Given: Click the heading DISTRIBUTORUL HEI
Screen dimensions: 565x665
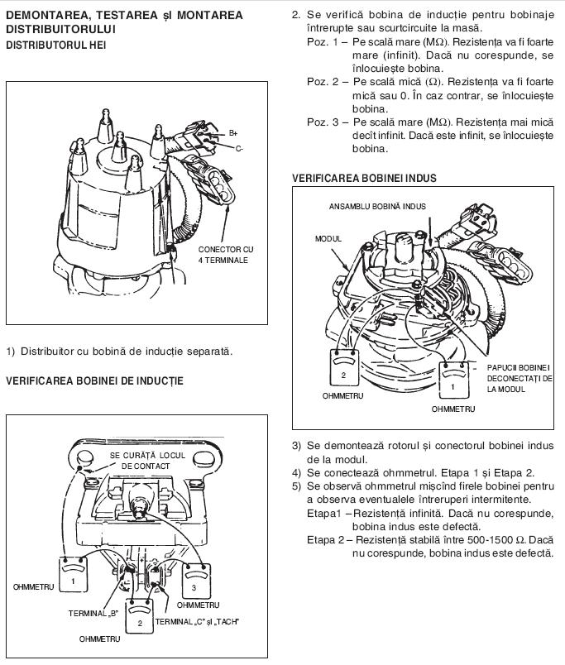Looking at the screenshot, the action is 56,45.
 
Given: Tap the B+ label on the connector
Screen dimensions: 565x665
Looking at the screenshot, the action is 233,133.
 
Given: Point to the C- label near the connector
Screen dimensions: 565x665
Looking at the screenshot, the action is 239,148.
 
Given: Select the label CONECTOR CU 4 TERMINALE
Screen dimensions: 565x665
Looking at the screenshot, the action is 226,255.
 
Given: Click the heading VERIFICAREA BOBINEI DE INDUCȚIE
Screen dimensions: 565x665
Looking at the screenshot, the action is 94,380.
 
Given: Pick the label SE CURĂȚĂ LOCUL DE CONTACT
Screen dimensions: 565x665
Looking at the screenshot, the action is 147,461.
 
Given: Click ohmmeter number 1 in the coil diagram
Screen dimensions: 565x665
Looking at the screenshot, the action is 73,574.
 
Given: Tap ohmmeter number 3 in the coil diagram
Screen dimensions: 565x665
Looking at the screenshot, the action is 196,581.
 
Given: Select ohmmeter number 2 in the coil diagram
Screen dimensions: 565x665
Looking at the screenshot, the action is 140,617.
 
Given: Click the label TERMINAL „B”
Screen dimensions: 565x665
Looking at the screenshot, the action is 93,613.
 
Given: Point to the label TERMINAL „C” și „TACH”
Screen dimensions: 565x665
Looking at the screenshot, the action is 197,622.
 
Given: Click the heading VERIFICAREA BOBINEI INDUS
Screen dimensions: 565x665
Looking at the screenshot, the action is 364,178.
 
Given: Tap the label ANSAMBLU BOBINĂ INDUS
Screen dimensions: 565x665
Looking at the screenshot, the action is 377,207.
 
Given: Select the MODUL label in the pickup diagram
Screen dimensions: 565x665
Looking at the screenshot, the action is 328,239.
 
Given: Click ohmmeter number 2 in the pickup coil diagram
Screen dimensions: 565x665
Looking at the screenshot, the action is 345,368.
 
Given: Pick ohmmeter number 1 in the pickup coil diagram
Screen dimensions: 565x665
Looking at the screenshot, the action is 454,380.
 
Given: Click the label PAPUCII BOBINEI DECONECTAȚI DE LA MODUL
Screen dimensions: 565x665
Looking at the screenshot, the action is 520,378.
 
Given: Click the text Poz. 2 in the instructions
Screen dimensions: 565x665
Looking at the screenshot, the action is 323,81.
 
